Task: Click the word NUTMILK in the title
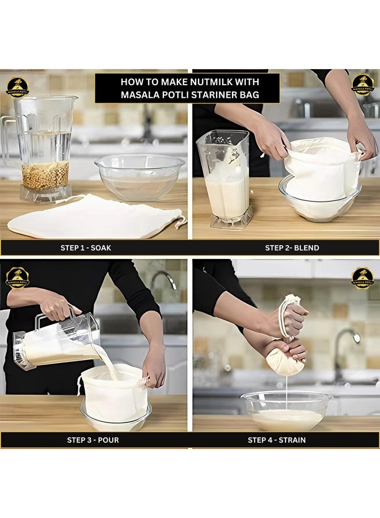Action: point(217,81)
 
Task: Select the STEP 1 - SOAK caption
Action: point(86,248)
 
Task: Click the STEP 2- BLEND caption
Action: point(292,248)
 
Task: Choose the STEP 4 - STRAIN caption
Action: point(276,440)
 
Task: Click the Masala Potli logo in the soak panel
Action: point(17,87)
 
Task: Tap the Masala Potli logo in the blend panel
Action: point(363,84)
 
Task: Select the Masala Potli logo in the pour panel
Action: point(17,277)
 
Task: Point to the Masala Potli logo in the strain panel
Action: point(363,277)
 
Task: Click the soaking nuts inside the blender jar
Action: point(45,175)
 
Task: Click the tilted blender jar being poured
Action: point(58,342)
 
